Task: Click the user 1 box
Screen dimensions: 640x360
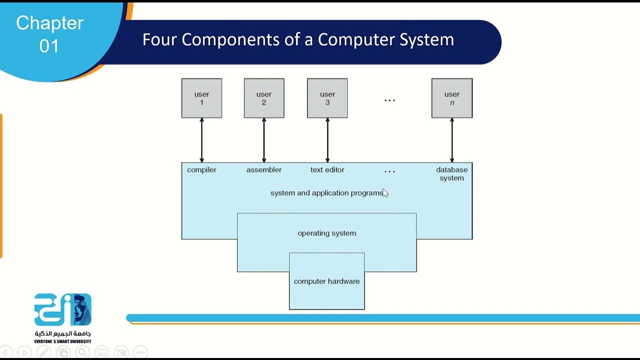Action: (201, 98)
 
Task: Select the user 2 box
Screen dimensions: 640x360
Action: (264, 98)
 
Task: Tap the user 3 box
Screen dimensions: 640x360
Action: (327, 98)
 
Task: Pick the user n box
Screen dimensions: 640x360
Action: (452, 98)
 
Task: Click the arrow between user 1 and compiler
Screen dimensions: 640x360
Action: (201, 140)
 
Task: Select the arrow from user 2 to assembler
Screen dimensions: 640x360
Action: (264, 140)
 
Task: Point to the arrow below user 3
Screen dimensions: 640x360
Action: (327, 140)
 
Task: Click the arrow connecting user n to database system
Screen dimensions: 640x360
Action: (452, 140)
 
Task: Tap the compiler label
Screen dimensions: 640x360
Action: (201, 170)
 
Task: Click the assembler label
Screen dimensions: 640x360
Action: (264, 169)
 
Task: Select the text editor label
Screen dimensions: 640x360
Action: (327, 169)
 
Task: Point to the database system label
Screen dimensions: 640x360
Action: (451, 173)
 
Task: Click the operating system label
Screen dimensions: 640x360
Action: (327, 233)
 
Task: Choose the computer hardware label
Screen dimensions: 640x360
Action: (326, 281)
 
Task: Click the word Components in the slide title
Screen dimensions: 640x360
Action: (230, 40)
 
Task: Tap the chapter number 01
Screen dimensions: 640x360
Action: (49, 46)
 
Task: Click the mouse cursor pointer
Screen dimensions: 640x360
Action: (385, 193)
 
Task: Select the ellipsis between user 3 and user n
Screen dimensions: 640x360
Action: (389, 100)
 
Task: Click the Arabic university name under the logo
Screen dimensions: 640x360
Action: (63, 333)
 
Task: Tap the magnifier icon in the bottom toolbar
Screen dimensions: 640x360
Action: (82, 352)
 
